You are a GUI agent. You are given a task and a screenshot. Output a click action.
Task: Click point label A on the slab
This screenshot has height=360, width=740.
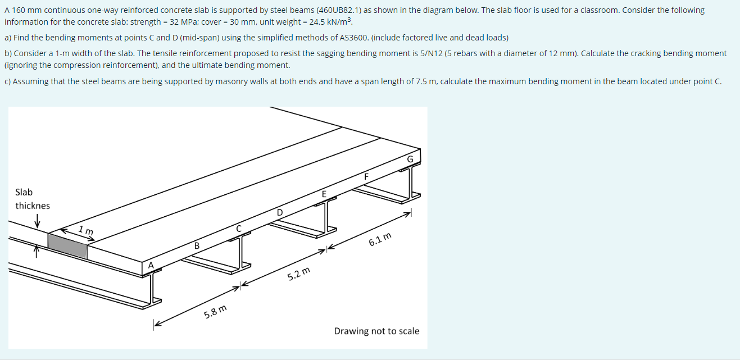click(x=151, y=265)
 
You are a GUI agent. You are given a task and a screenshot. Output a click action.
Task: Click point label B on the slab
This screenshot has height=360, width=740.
click(x=197, y=246)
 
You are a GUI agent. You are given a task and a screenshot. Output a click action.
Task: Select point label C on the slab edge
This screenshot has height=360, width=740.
click(x=239, y=229)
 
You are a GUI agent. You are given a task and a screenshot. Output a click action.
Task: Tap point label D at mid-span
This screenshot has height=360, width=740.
click(x=280, y=212)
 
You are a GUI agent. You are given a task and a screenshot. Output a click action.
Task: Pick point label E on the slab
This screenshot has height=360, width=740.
click(x=324, y=194)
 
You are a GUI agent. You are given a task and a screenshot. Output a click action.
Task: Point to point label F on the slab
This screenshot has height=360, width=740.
click(x=366, y=176)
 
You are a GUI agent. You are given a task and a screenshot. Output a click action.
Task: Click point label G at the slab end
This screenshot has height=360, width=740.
click(x=410, y=160)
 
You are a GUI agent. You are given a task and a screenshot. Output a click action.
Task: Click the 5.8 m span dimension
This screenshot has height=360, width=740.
click(x=216, y=311)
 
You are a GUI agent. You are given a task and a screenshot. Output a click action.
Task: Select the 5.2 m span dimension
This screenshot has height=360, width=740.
click(x=298, y=275)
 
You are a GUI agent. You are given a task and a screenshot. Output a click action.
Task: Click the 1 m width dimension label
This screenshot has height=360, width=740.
click(x=86, y=230)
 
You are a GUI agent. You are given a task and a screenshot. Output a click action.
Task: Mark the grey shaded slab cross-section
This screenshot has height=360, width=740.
click(x=67, y=245)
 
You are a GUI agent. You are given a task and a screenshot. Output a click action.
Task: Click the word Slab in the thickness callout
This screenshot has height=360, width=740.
click(x=24, y=192)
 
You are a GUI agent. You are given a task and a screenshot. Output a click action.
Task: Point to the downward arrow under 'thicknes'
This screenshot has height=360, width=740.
click(x=37, y=222)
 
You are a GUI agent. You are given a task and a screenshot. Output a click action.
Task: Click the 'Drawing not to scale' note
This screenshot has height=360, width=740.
click(x=376, y=331)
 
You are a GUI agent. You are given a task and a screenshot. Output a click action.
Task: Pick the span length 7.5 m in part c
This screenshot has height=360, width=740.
click(x=425, y=81)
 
